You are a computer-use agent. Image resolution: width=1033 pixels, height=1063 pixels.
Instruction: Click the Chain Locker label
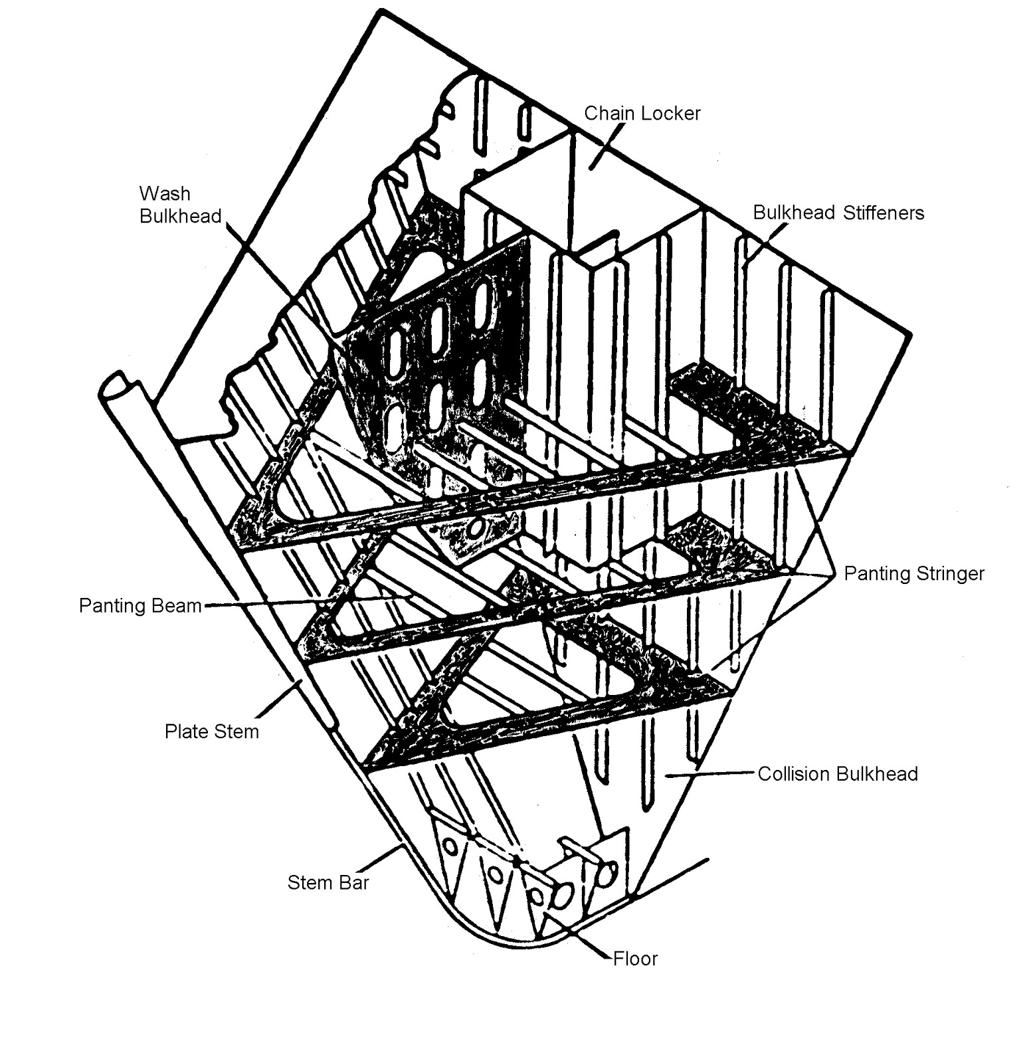click(642, 113)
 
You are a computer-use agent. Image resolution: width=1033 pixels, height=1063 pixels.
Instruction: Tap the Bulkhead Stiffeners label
click(838, 213)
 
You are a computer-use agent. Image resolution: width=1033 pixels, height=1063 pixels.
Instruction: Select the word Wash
click(165, 193)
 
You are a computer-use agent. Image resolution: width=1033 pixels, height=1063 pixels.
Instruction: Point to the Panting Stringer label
click(914, 573)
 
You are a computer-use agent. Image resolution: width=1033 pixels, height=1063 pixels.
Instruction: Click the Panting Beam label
click(140, 605)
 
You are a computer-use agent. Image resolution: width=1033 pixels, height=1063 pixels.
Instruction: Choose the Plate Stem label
click(211, 731)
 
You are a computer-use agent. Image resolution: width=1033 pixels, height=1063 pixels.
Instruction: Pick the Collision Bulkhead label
click(838, 774)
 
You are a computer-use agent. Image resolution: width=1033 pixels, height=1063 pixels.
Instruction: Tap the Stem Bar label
click(328, 882)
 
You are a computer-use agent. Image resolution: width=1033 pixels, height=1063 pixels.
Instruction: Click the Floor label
click(635, 959)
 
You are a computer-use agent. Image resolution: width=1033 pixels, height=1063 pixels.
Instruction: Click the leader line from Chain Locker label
click(606, 145)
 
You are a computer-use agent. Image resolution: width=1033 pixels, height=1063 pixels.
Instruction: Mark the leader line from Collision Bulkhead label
click(711, 773)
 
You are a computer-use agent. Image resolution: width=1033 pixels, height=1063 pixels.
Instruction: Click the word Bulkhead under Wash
click(181, 217)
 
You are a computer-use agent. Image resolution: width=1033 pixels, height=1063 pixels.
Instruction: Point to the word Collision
click(794, 774)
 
